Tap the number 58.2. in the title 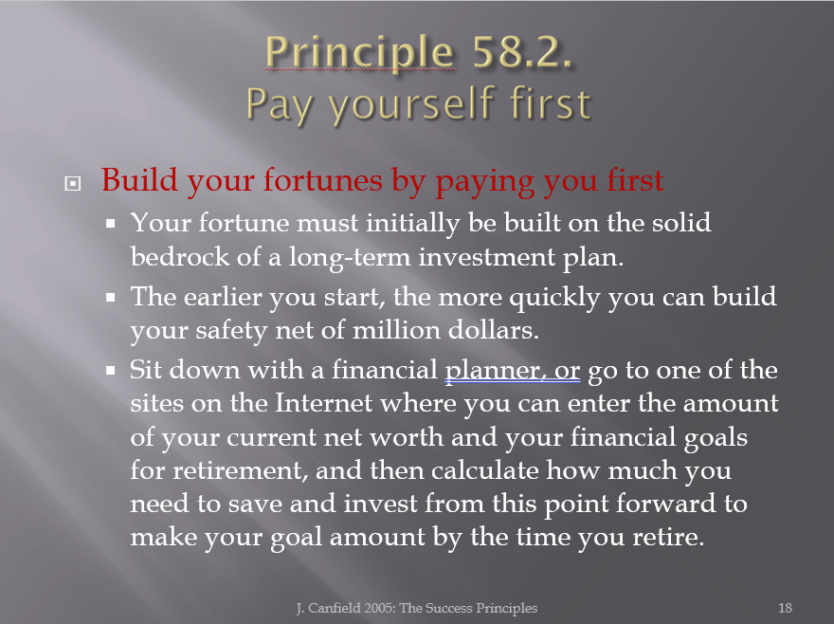point(522,52)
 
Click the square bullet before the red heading point(73,184)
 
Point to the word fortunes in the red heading point(323,180)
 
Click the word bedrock point(180,257)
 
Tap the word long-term point(350,258)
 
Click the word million point(396,330)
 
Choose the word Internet point(323,403)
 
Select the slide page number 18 point(785,608)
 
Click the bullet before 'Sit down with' point(111,370)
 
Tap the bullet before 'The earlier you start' point(111,297)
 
